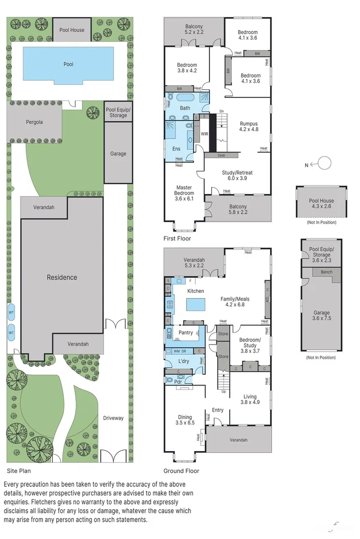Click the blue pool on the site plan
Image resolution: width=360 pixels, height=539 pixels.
click(68, 64)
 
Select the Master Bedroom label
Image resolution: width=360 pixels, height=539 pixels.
click(184, 190)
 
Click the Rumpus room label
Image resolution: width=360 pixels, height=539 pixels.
click(248, 124)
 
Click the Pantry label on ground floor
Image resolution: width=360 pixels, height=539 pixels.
click(186, 332)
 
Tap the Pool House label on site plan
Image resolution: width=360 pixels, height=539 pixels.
click(72, 30)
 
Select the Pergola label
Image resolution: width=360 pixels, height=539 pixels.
click(34, 122)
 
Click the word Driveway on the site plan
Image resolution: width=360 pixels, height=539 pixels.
click(113, 418)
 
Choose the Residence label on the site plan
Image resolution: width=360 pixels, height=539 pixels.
click(62, 277)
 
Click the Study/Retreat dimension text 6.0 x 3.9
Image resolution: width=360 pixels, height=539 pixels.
click(237, 179)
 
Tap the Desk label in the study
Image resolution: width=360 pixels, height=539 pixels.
click(221, 156)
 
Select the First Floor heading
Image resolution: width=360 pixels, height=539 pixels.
click(177, 238)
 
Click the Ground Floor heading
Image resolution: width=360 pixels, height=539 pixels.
click(181, 471)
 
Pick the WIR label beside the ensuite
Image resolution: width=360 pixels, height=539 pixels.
click(204, 134)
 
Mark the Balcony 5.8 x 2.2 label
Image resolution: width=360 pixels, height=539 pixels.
click(238, 210)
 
